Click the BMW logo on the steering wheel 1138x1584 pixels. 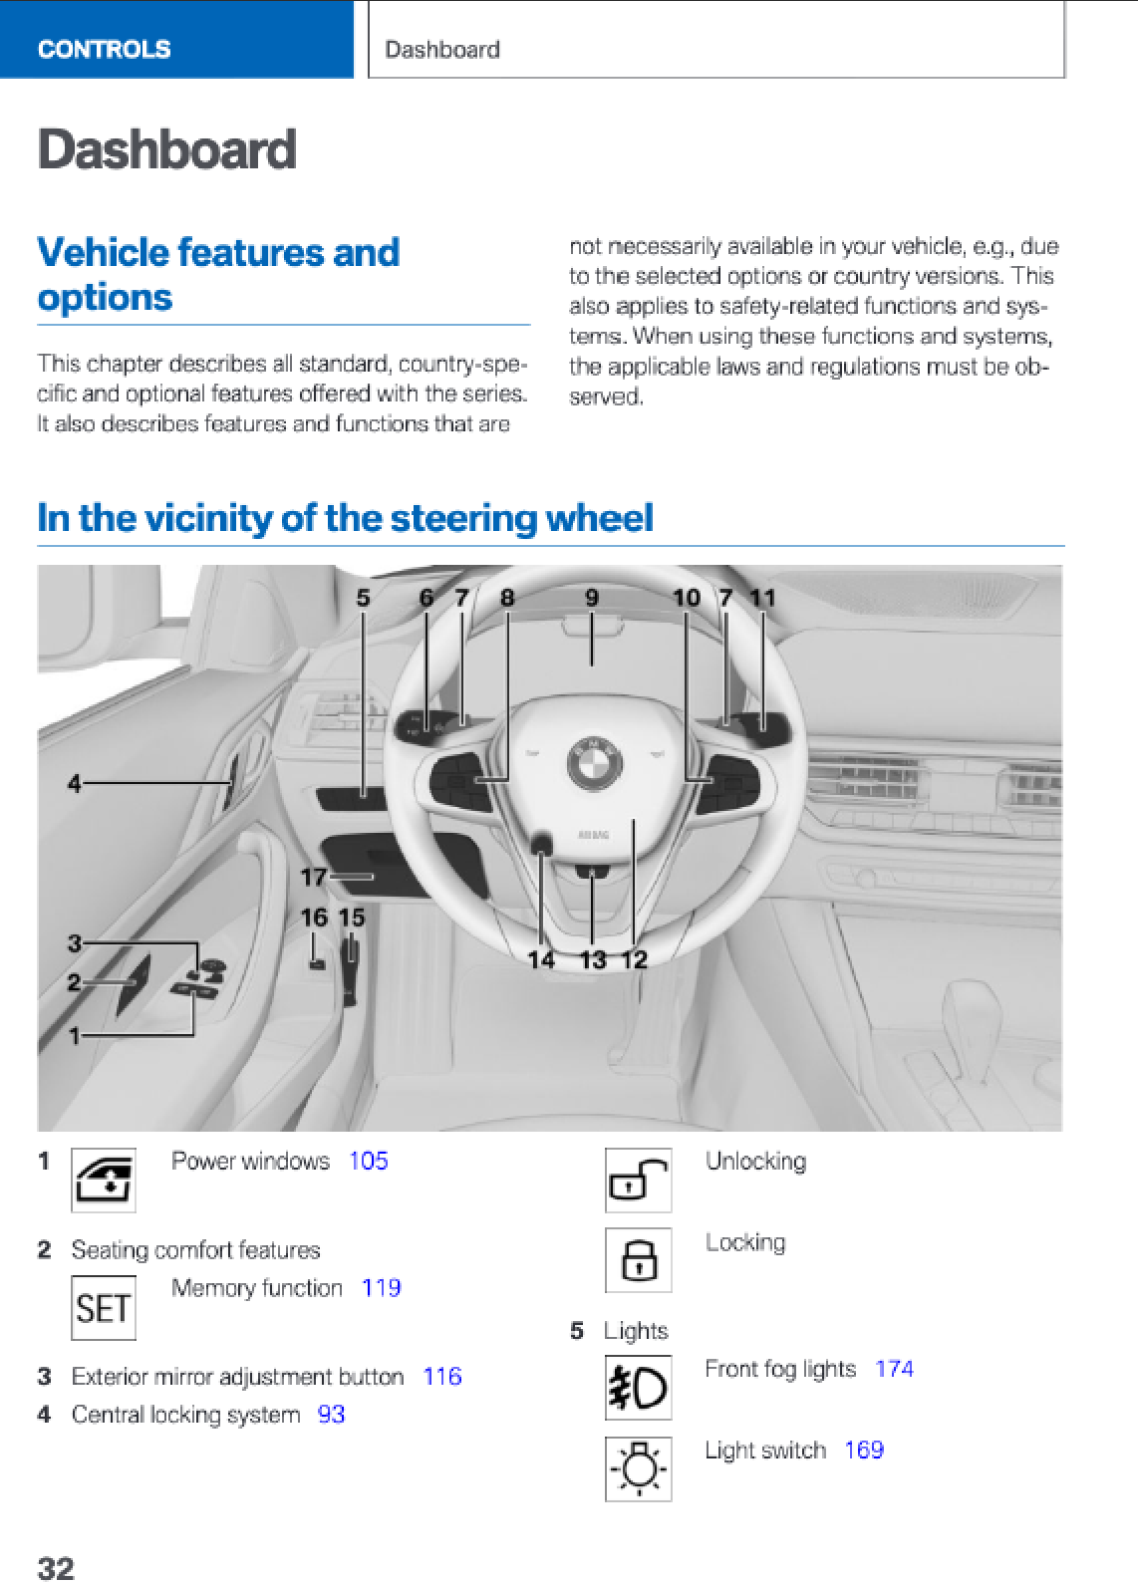click(x=595, y=764)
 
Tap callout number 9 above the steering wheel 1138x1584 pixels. click(x=592, y=598)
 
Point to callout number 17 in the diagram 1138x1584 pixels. click(x=313, y=877)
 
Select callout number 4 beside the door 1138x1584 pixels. click(x=74, y=784)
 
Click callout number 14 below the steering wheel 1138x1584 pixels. click(x=541, y=959)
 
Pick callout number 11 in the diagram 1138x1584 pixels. click(x=762, y=598)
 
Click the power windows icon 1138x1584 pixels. click(x=104, y=1181)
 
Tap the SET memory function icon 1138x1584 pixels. click(x=104, y=1308)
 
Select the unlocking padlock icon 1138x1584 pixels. click(x=638, y=1181)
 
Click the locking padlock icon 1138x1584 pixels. click(x=638, y=1260)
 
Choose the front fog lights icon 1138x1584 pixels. click(x=638, y=1388)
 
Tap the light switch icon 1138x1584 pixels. click(x=638, y=1468)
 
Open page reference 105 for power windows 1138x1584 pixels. click(x=368, y=1161)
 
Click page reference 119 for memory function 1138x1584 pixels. click(x=381, y=1288)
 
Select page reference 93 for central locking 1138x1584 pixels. click(x=331, y=1415)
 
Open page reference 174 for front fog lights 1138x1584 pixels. click(x=894, y=1369)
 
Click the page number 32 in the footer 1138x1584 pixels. click(x=56, y=1568)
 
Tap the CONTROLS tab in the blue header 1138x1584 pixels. click(x=105, y=49)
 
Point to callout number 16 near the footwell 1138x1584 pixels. click(x=313, y=918)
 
